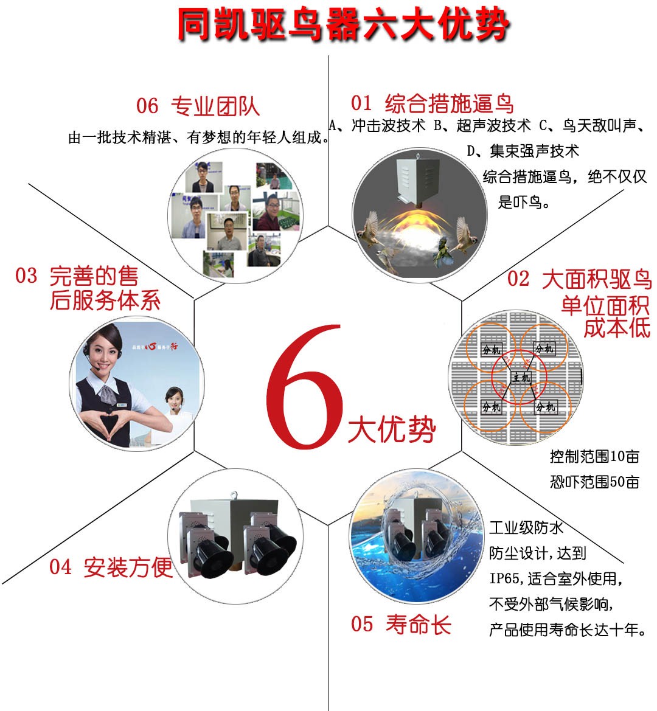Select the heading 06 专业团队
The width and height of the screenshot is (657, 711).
point(198,106)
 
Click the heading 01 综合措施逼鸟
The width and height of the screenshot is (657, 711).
point(432,103)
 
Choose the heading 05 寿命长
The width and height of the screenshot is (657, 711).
point(401,624)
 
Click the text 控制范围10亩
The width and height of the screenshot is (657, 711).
point(594,456)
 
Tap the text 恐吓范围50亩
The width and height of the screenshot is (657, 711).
point(594,482)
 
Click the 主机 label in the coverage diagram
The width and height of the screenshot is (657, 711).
point(521,378)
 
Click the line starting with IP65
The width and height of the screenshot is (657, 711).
point(556,578)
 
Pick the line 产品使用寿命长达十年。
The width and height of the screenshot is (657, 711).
point(568,629)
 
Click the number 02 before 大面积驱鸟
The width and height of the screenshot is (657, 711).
point(518,279)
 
